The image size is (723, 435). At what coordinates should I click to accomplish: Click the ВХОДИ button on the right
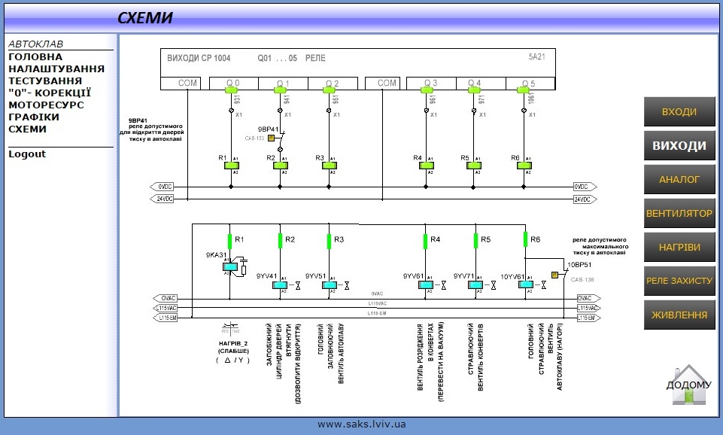tap(679, 112)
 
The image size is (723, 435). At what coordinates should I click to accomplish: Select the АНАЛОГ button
tap(679, 179)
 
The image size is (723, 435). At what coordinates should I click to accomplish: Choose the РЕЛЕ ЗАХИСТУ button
tap(679, 281)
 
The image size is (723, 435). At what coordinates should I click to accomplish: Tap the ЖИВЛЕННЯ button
tap(679, 315)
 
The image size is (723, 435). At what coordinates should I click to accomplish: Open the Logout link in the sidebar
tap(27, 154)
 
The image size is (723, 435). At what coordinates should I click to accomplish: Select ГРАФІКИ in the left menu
tap(34, 117)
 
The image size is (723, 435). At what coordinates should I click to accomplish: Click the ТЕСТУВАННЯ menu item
tap(45, 81)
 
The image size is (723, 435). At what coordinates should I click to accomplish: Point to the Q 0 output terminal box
tap(233, 83)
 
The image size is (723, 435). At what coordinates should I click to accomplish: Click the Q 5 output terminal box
tap(528, 83)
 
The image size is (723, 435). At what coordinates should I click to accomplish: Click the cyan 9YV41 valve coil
tap(279, 284)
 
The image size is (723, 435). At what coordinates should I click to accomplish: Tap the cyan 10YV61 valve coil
tap(525, 284)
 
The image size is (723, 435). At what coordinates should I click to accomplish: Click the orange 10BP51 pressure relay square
tap(554, 275)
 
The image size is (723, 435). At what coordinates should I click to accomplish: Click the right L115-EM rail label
tap(588, 318)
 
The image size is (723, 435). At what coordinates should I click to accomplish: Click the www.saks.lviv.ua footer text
tap(361, 424)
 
